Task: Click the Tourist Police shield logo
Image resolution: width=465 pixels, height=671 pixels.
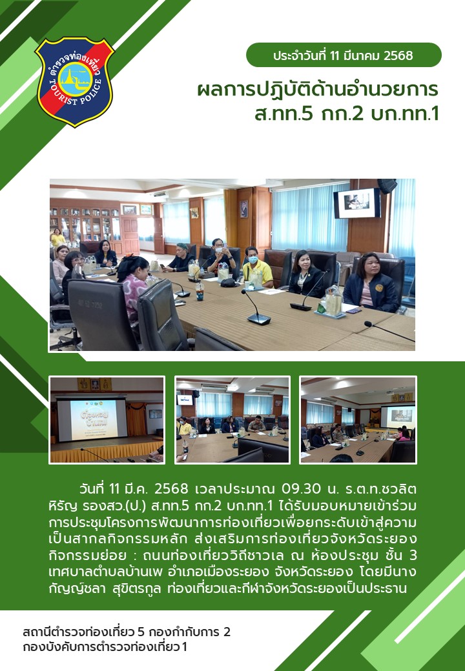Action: tap(74, 82)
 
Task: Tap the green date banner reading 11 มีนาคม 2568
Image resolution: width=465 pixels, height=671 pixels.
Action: tap(344, 55)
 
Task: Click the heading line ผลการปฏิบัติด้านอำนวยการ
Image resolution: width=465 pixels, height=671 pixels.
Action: tap(318, 90)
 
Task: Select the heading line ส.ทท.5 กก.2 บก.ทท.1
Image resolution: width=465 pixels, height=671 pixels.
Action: tap(347, 114)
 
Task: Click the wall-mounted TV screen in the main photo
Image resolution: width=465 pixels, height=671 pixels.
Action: tap(357, 203)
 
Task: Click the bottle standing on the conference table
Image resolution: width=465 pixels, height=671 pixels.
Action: tap(200, 291)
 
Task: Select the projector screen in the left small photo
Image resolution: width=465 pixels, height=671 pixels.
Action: tap(92, 420)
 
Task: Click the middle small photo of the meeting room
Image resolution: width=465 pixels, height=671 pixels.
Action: tap(232, 420)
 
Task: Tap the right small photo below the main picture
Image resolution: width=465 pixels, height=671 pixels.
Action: tap(358, 420)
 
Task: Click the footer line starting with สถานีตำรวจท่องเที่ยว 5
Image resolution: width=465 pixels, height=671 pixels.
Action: tap(127, 632)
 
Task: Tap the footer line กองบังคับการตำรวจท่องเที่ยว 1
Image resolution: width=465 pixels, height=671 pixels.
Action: tap(105, 646)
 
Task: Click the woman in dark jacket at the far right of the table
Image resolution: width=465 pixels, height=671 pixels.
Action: tap(371, 283)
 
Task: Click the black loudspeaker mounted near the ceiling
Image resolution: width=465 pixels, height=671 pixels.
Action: tap(387, 186)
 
